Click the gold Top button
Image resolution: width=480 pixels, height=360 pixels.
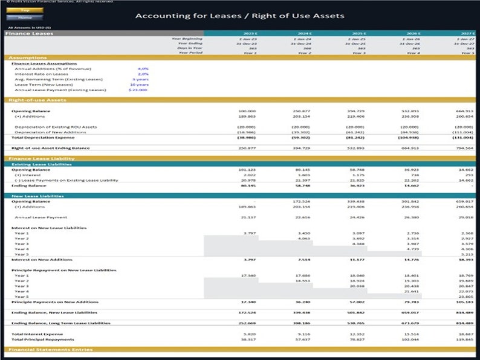tap(25, 10)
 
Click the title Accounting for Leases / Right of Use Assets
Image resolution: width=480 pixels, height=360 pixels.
tap(239, 16)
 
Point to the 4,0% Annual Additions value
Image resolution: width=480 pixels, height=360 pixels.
tap(143, 69)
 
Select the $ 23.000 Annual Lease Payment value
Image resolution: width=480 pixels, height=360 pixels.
tap(138, 90)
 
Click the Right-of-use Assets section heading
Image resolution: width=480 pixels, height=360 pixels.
tap(35, 100)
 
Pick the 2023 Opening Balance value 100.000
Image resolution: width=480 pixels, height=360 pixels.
tap(247, 111)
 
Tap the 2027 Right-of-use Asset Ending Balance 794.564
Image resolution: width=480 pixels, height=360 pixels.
tap(464, 148)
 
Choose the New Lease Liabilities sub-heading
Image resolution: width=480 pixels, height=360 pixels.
tap(37, 196)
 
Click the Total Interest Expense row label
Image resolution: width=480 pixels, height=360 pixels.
tap(37, 333)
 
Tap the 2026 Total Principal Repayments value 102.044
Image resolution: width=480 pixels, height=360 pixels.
tap(411, 339)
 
